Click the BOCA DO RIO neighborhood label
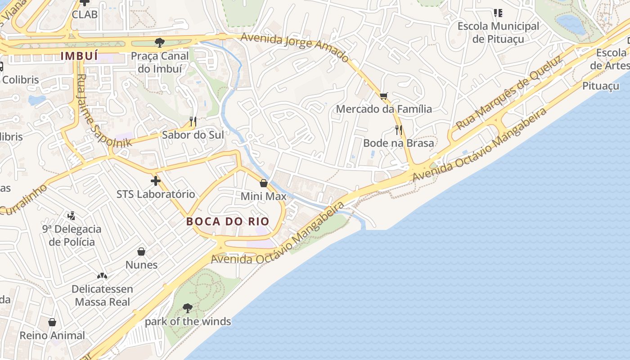click(x=228, y=221)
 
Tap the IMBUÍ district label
click(x=79, y=56)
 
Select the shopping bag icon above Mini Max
click(x=264, y=183)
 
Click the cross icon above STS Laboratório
click(x=156, y=181)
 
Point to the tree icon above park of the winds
click(x=188, y=308)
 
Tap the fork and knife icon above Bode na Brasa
click(x=398, y=130)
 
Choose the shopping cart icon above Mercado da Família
click(x=384, y=96)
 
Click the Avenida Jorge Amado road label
click(x=295, y=47)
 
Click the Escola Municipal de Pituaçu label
click(x=498, y=32)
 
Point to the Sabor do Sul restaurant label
click(x=193, y=135)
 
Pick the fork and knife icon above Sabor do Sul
click(x=193, y=121)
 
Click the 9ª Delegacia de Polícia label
click(x=72, y=235)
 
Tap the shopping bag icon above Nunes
click(x=141, y=251)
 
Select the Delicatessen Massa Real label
click(x=103, y=295)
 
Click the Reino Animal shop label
click(x=52, y=335)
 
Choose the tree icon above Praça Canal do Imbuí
click(x=159, y=43)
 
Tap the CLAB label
click(x=85, y=14)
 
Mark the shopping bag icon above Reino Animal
click(x=52, y=322)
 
